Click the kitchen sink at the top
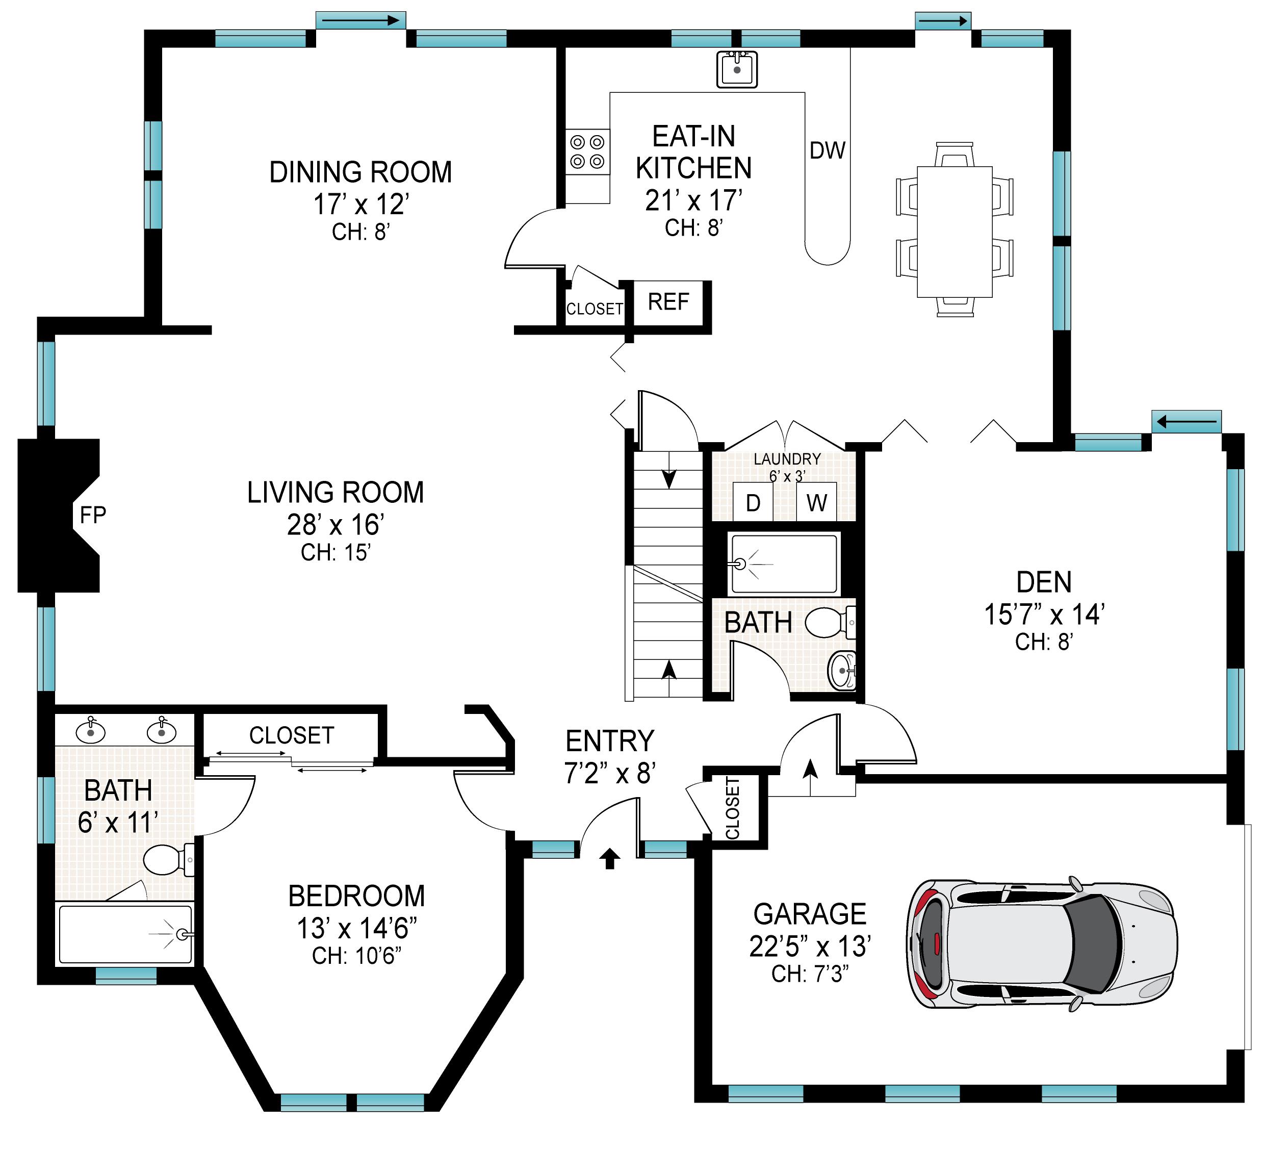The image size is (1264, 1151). (x=737, y=68)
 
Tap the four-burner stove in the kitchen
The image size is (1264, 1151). (x=587, y=152)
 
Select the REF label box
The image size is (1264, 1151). (x=668, y=302)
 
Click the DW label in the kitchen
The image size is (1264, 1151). (x=828, y=150)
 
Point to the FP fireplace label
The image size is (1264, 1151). (x=93, y=515)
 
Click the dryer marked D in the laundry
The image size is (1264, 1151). (x=753, y=502)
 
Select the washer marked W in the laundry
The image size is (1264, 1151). (x=816, y=502)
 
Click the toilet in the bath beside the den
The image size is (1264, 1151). (x=830, y=622)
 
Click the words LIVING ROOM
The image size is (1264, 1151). (x=336, y=493)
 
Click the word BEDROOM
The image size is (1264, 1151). (x=357, y=896)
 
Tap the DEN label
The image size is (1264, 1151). (x=1044, y=582)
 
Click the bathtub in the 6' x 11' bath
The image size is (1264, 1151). (x=125, y=934)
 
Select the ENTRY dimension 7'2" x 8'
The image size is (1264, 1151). (x=610, y=774)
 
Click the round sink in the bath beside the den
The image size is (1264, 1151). (x=841, y=671)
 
